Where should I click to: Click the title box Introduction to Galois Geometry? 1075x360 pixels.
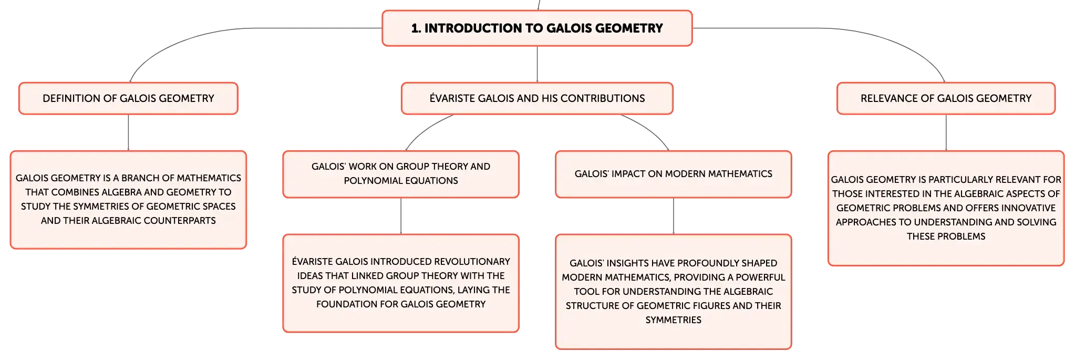536,28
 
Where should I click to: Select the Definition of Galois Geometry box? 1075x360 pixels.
128,98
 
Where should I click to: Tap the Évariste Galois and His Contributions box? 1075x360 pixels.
536,98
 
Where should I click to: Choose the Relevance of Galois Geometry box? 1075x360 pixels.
945,98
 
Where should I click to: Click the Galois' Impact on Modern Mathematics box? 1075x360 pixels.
673,174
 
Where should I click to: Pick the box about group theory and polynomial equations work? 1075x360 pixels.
401,174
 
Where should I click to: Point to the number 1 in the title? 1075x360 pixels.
415,28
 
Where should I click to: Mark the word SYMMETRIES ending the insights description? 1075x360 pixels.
673,320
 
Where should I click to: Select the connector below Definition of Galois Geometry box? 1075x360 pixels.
128,132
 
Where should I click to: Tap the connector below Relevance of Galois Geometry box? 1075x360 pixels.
948,132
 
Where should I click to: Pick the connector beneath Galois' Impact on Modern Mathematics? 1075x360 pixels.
674,215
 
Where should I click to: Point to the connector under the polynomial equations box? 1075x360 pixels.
401,215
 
